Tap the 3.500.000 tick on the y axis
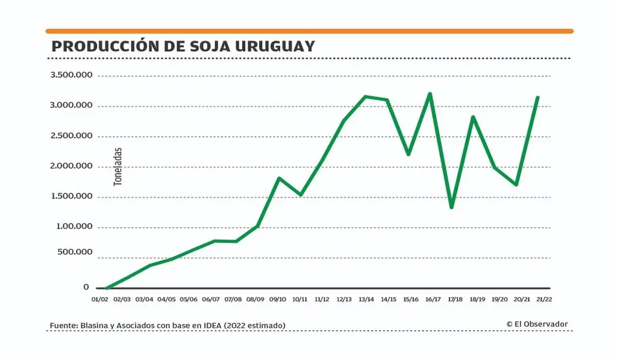click(x=71, y=75)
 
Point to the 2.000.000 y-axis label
click(x=71, y=166)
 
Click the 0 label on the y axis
click(x=86, y=288)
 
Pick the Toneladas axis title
click(x=118, y=166)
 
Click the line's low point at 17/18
click(x=452, y=207)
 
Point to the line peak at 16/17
click(x=430, y=94)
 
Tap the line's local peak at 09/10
click(x=278, y=178)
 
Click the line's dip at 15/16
click(x=409, y=154)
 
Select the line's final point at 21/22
click(x=537, y=97)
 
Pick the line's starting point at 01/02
click(x=106, y=288)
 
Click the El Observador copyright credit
click(x=537, y=324)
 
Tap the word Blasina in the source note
click(x=93, y=326)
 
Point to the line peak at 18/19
click(x=474, y=117)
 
